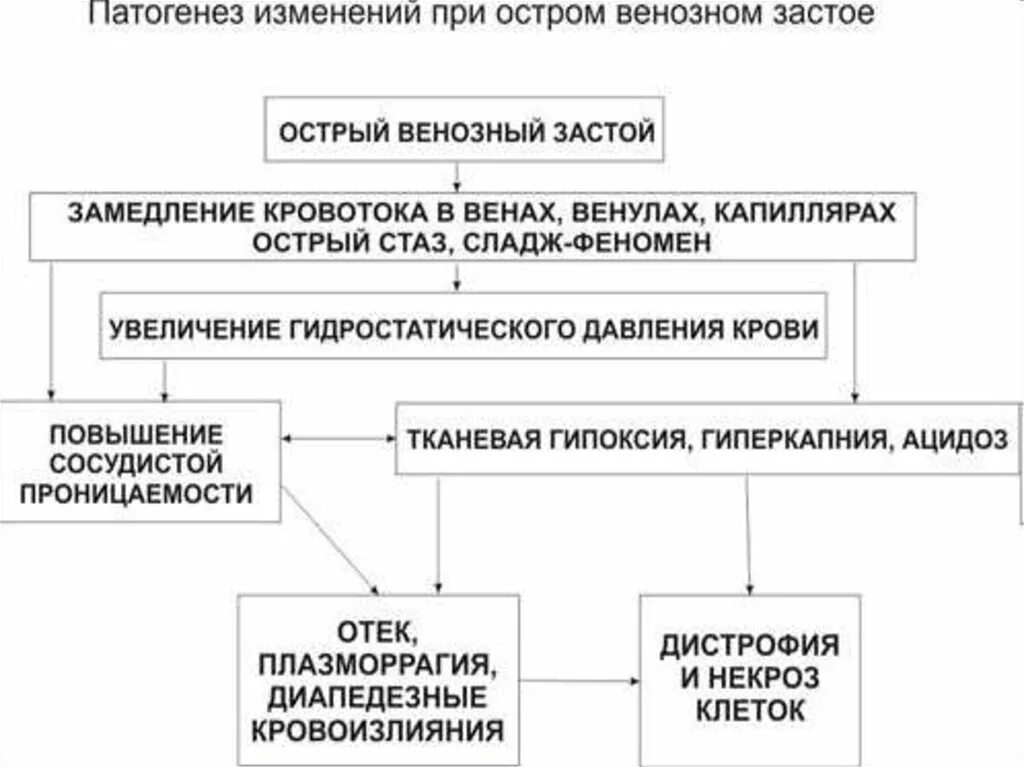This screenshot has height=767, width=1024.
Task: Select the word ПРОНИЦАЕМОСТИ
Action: click(136, 493)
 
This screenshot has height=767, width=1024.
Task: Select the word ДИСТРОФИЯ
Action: click(748, 646)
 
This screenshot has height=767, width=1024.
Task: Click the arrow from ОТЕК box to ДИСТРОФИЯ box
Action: click(579, 681)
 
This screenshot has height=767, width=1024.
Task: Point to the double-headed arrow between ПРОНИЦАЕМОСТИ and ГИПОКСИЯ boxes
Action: click(339, 439)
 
